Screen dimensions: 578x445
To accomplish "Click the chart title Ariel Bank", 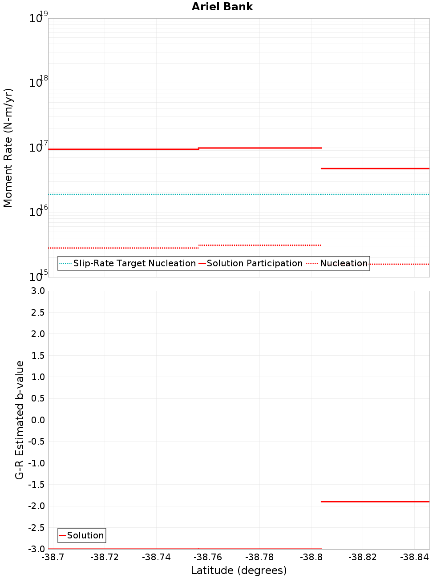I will [222, 7].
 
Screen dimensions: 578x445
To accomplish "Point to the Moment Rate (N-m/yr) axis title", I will [8, 148].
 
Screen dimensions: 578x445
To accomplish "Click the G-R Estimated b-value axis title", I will [20, 420].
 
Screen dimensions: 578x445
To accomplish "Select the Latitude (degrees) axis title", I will [239, 570].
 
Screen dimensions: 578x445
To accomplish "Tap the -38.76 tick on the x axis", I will [207, 557].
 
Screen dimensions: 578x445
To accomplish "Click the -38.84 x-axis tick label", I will [414, 557].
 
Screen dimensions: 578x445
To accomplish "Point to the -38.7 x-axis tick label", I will [53, 557].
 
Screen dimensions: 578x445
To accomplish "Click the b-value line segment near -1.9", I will [375, 502].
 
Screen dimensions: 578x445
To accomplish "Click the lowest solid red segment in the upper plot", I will [375, 169].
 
